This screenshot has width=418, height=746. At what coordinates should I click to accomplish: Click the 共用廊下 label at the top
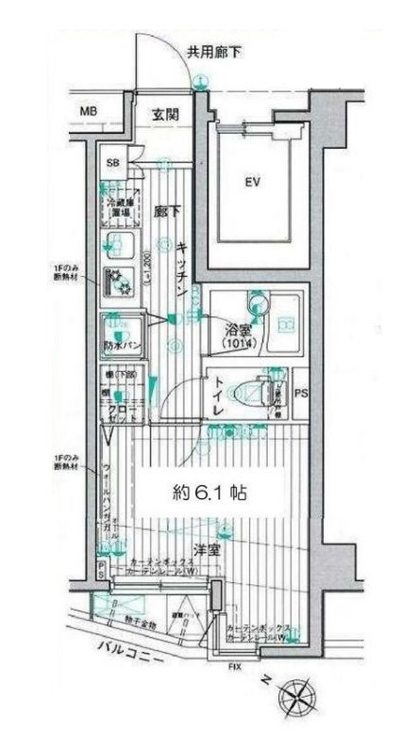[x=212, y=53]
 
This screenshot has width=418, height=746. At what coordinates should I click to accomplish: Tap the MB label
[x=88, y=113]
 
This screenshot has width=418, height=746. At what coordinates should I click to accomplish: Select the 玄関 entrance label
[x=165, y=113]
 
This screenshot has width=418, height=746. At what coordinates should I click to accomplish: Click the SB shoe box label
[x=112, y=163]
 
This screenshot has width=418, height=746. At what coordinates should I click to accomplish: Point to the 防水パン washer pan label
[x=123, y=345]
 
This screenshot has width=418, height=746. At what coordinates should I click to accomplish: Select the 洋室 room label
[x=208, y=549]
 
